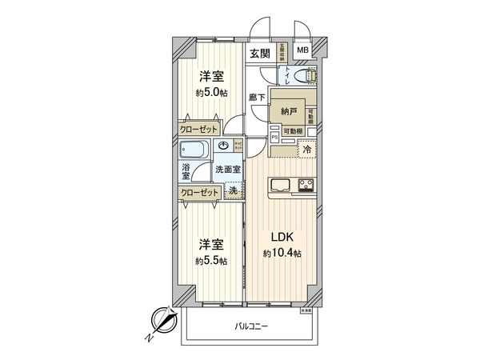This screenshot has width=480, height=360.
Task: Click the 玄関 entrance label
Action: pos(258,54)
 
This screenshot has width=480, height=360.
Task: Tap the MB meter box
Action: pos(303,50)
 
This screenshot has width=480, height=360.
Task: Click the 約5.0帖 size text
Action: pos(212,91)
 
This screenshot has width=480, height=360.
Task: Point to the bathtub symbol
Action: pos(195,149)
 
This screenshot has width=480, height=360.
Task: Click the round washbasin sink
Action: pos(225,146)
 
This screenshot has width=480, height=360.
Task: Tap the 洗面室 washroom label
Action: pos(227,169)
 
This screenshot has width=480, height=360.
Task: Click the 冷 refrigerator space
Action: pos(306,148)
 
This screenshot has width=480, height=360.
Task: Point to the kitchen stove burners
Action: pos(306,186)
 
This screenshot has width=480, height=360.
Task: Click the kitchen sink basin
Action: pos(281,186)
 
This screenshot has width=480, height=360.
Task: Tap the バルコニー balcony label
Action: pos(251,326)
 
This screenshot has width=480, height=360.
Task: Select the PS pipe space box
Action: pos(274,137)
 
